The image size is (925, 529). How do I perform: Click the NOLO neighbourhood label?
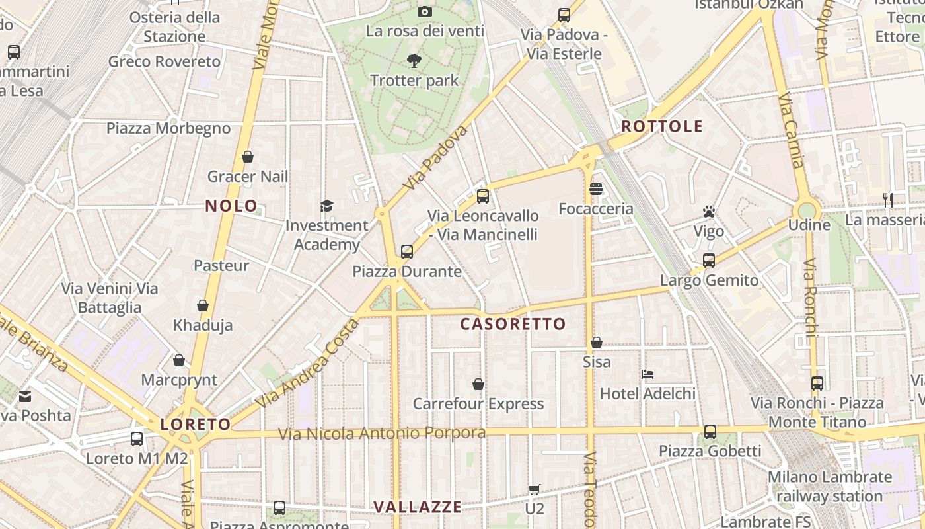tap(231, 206)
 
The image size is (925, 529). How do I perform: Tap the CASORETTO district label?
tap(513, 324)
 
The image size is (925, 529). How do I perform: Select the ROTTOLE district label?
tap(662, 126)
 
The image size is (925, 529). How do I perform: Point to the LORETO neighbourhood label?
tap(196, 425)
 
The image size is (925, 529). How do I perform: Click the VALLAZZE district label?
tap(418, 507)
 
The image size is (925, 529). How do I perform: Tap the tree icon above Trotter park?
tap(414, 61)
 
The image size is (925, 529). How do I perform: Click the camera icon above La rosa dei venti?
tap(424, 11)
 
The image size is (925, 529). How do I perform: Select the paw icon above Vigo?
tap(709, 212)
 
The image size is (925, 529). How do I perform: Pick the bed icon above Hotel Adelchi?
tap(647, 374)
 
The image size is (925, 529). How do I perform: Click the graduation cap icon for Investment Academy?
tap(326, 206)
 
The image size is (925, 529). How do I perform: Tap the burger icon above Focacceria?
tap(596, 190)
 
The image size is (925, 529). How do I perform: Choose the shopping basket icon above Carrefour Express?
tap(478, 384)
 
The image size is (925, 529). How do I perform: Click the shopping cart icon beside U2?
tap(535, 490)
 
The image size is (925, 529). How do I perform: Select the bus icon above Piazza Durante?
tap(407, 252)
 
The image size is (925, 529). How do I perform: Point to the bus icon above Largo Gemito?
tap(709, 261)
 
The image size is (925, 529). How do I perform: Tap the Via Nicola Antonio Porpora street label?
tap(382, 434)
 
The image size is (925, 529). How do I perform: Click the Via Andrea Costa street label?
tap(309, 363)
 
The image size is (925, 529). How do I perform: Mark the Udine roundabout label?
tap(809, 225)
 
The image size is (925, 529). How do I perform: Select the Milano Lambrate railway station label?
tap(829, 487)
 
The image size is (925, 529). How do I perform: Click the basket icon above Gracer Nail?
tap(248, 157)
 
